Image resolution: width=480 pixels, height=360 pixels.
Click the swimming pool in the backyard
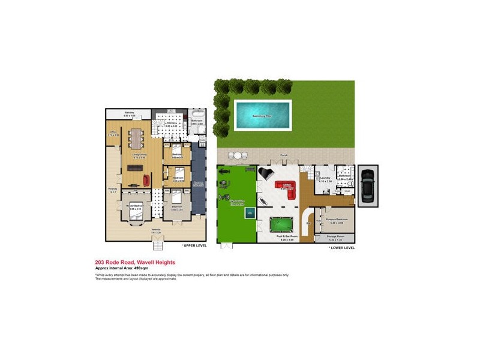262,114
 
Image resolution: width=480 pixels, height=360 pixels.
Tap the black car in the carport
367,185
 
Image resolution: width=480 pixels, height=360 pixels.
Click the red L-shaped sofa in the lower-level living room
287,188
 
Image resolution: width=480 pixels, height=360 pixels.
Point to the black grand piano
265,173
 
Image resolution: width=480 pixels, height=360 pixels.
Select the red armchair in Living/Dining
146,179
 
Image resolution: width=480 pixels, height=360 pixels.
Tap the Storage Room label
334,237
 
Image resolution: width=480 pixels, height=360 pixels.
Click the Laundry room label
326,179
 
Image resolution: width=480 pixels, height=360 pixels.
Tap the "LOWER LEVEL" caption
342,247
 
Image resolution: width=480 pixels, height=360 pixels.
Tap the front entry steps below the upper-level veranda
158,244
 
